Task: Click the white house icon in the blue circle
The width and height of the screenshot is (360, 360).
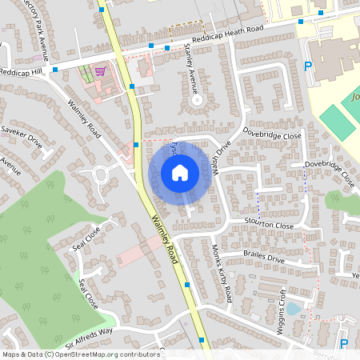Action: point(179,172)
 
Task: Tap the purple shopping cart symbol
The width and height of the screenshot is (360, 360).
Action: point(99,70)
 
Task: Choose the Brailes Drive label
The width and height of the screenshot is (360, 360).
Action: point(265,258)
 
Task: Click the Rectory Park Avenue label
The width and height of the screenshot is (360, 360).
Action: point(36,30)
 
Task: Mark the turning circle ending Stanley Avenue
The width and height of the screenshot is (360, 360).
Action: point(197,102)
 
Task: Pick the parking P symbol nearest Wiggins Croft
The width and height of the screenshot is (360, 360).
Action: point(344,344)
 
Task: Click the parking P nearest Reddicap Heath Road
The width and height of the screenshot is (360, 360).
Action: point(309,66)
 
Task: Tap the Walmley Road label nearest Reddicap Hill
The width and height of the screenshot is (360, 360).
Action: point(85,115)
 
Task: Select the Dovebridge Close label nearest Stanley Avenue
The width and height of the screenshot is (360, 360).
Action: point(272,136)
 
